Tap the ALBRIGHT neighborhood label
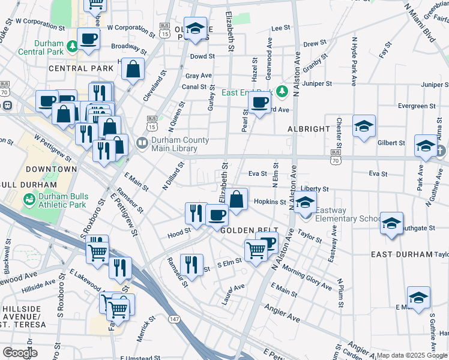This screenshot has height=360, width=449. coord(309,129)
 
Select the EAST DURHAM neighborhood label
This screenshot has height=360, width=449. coord(402,254)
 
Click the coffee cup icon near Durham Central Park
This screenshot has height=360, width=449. coord(88,39)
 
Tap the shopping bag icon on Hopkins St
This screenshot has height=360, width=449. coord(237,199)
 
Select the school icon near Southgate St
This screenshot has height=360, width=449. coord(391,223)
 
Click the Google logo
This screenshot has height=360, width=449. coord(20,353)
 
